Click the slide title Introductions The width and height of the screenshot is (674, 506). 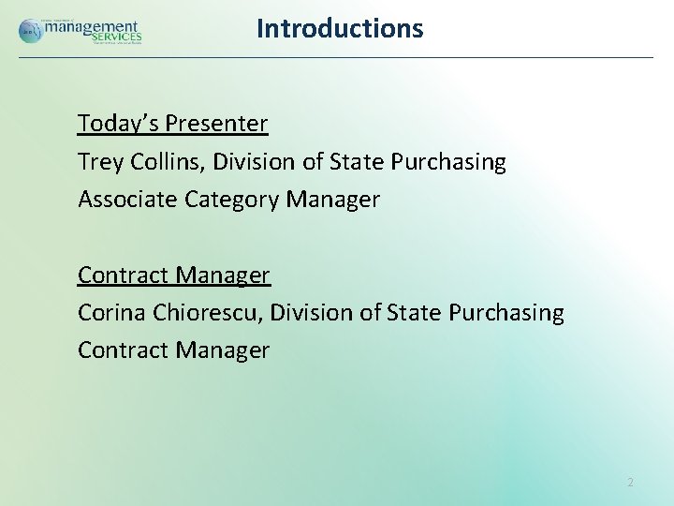click(x=340, y=28)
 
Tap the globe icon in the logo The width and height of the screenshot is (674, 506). click(x=30, y=30)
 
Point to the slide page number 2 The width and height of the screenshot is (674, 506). click(x=630, y=483)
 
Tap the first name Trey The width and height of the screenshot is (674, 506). click(x=98, y=162)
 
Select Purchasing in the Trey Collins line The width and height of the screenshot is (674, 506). click(x=447, y=162)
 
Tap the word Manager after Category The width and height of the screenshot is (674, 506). click(x=333, y=200)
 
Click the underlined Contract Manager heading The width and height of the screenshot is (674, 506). click(x=173, y=275)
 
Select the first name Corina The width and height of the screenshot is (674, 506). click(x=109, y=313)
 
